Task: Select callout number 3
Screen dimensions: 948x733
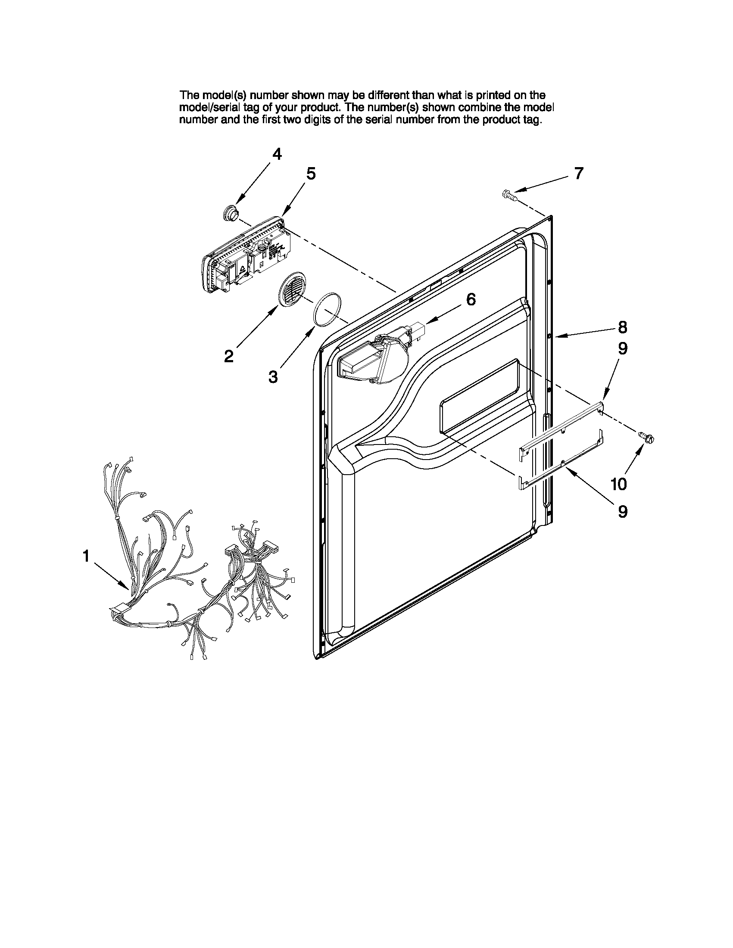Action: (x=273, y=376)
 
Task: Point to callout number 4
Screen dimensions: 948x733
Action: (x=277, y=154)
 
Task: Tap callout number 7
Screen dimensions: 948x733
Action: (x=579, y=173)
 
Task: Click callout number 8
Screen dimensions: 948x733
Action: (x=622, y=327)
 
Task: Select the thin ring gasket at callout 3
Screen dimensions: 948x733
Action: (x=328, y=309)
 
